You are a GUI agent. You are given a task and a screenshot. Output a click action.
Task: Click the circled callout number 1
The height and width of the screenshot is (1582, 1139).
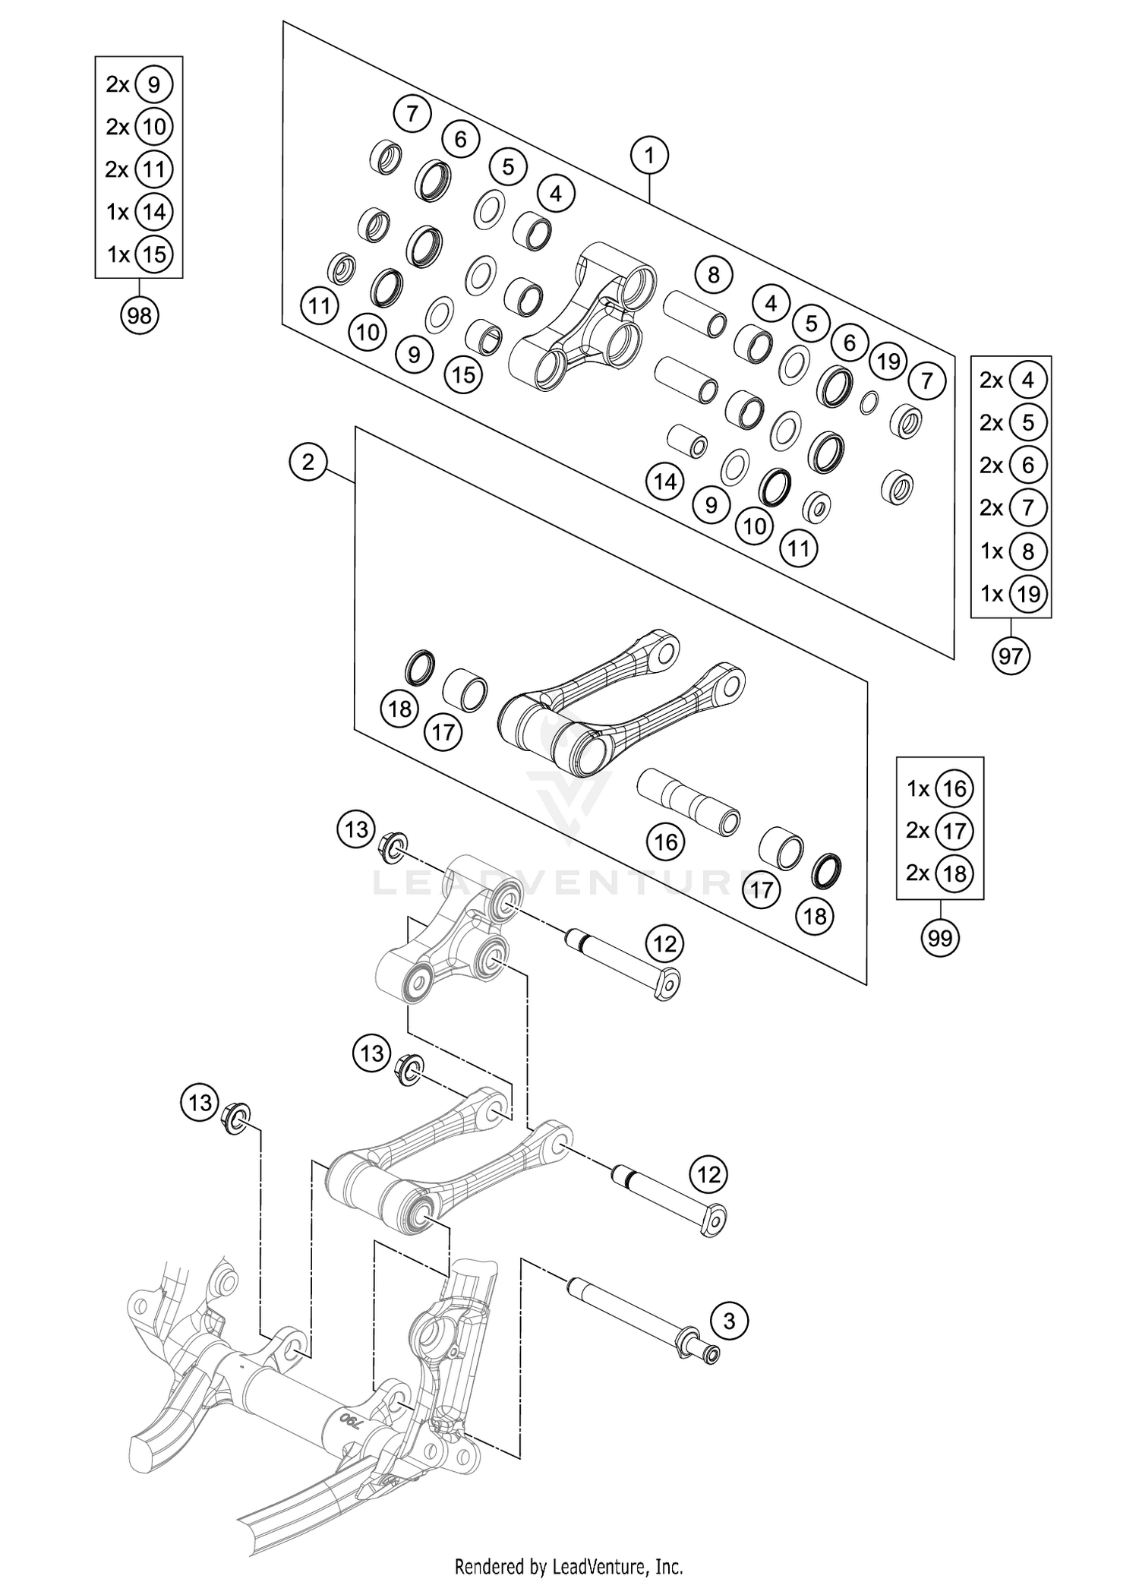(649, 156)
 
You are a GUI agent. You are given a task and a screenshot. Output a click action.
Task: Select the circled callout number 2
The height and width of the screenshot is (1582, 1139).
(308, 462)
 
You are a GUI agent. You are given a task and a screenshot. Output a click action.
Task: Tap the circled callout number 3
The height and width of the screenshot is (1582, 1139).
(729, 1321)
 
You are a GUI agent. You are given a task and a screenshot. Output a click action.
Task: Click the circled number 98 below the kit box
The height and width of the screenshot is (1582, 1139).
(139, 314)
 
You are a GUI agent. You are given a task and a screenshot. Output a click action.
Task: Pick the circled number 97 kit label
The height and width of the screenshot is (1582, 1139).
(1011, 655)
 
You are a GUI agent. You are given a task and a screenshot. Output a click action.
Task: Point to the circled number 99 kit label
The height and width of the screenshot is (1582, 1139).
(940, 939)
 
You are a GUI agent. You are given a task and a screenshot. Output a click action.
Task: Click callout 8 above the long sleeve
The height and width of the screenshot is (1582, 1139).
(713, 274)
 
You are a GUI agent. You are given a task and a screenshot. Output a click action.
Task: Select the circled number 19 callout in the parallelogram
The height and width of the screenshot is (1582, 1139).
(888, 362)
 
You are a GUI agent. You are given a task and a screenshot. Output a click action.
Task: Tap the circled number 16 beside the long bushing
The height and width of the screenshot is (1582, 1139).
(666, 842)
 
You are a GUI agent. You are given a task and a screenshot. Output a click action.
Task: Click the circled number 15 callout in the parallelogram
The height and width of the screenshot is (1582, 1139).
(464, 374)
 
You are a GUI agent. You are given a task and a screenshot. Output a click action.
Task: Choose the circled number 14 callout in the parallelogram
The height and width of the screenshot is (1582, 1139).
(665, 482)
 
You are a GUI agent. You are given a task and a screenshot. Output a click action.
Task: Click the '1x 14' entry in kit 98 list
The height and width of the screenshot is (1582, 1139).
(140, 212)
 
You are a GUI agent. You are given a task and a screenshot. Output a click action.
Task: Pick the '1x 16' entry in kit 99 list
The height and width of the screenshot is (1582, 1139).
(940, 789)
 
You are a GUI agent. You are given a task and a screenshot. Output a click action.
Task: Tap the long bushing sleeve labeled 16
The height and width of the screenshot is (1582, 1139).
(688, 801)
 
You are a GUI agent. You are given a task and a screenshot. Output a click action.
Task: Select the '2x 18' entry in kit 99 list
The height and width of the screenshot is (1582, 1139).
(940, 873)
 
